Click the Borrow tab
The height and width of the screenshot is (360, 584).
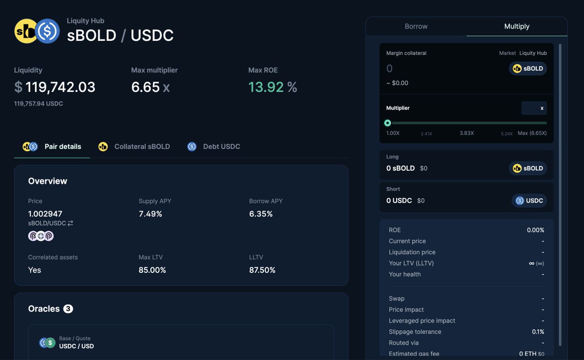(416, 26)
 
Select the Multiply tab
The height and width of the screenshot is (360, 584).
(517, 26)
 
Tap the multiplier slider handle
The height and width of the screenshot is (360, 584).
(387, 123)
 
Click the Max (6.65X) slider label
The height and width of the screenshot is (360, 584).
(532, 133)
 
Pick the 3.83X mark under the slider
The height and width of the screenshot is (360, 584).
(467, 133)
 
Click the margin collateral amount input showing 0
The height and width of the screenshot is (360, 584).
(438, 69)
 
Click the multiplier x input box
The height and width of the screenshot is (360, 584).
(533, 108)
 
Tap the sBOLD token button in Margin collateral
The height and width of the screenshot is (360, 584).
(528, 69)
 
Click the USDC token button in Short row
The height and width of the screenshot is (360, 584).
(529, 200)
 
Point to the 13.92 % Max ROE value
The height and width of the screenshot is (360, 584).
(273, 87)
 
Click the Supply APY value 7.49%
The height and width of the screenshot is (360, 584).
(150, 214)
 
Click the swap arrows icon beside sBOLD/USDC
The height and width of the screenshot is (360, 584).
(70, 223)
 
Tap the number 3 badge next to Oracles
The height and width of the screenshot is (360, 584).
(68, 309)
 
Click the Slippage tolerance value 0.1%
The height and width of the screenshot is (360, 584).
(538, 332)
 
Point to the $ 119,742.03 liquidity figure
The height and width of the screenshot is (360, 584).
(55, 87)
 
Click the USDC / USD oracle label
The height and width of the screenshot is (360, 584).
(76, 346)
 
